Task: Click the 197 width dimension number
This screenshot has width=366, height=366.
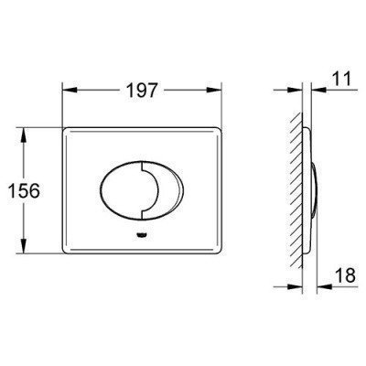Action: pos(141,90)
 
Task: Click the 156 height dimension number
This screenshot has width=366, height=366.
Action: pos(24,190)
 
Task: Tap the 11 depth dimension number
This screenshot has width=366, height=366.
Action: pos(340,78)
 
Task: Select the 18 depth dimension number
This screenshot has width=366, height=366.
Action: pos(346,275)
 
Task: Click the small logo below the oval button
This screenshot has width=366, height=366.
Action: pos(141,235)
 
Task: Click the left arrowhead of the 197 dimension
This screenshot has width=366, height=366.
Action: pos(69,90)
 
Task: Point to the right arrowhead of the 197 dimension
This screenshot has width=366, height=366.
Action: pos(214,90)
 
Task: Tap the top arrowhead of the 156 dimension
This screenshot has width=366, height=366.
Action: pos(23,135)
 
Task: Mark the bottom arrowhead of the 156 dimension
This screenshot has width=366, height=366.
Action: pos(23,246)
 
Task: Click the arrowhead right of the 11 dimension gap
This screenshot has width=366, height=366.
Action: pos(318,90)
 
